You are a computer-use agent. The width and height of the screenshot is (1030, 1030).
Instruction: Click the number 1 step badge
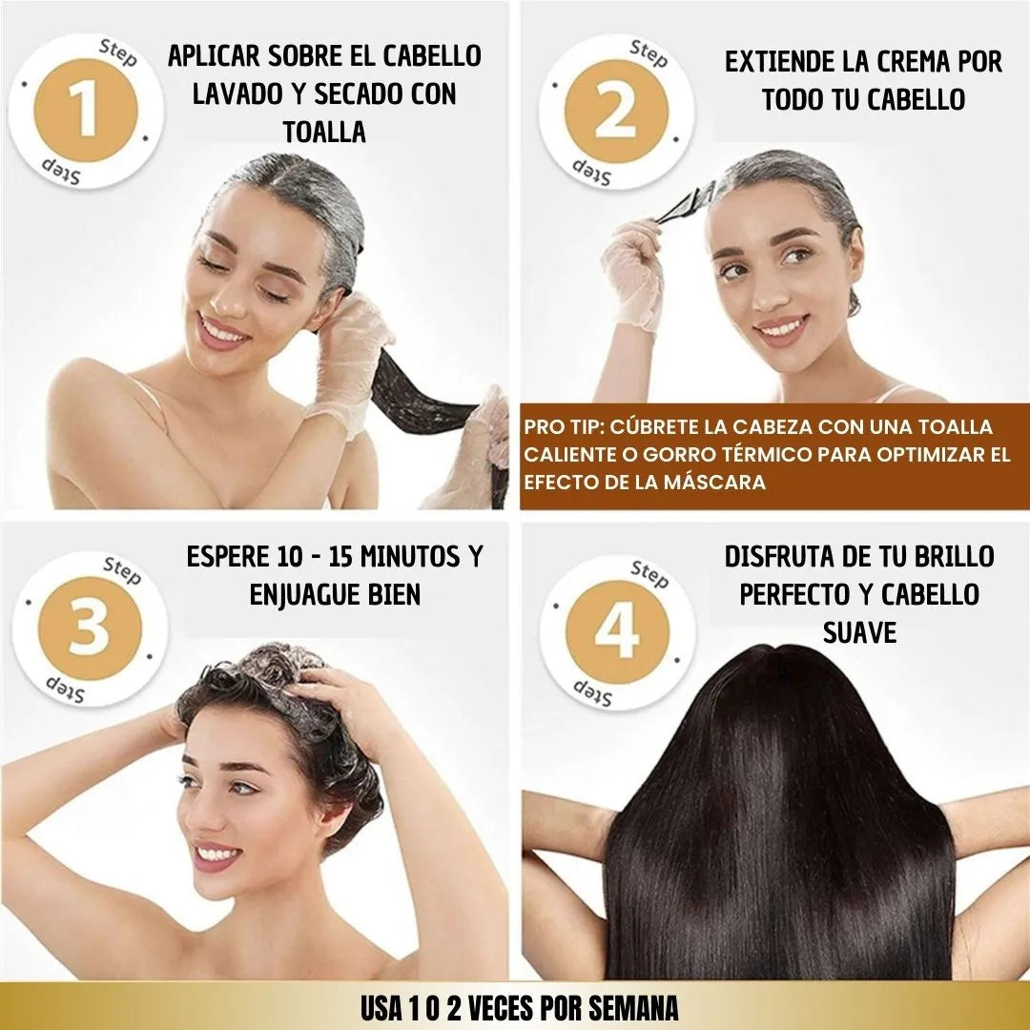pyautogui.click(x=86, y=111)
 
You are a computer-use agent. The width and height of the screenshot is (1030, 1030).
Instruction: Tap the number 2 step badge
pyautogui.click(x=616, y=112)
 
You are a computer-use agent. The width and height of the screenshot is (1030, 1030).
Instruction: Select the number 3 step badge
pyautogui.click(x=90, y=628)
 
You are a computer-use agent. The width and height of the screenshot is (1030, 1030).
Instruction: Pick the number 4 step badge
pyautogui.click(x=617, y=632)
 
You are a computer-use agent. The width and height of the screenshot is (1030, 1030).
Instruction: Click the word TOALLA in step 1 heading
pyautogui.click(x=324, y=132)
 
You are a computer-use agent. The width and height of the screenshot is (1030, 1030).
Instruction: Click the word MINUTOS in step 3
pyautogui.click(x=408, y=556)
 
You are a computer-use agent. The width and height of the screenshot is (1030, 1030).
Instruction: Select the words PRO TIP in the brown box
pyautogui.click(x=563, y=427)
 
